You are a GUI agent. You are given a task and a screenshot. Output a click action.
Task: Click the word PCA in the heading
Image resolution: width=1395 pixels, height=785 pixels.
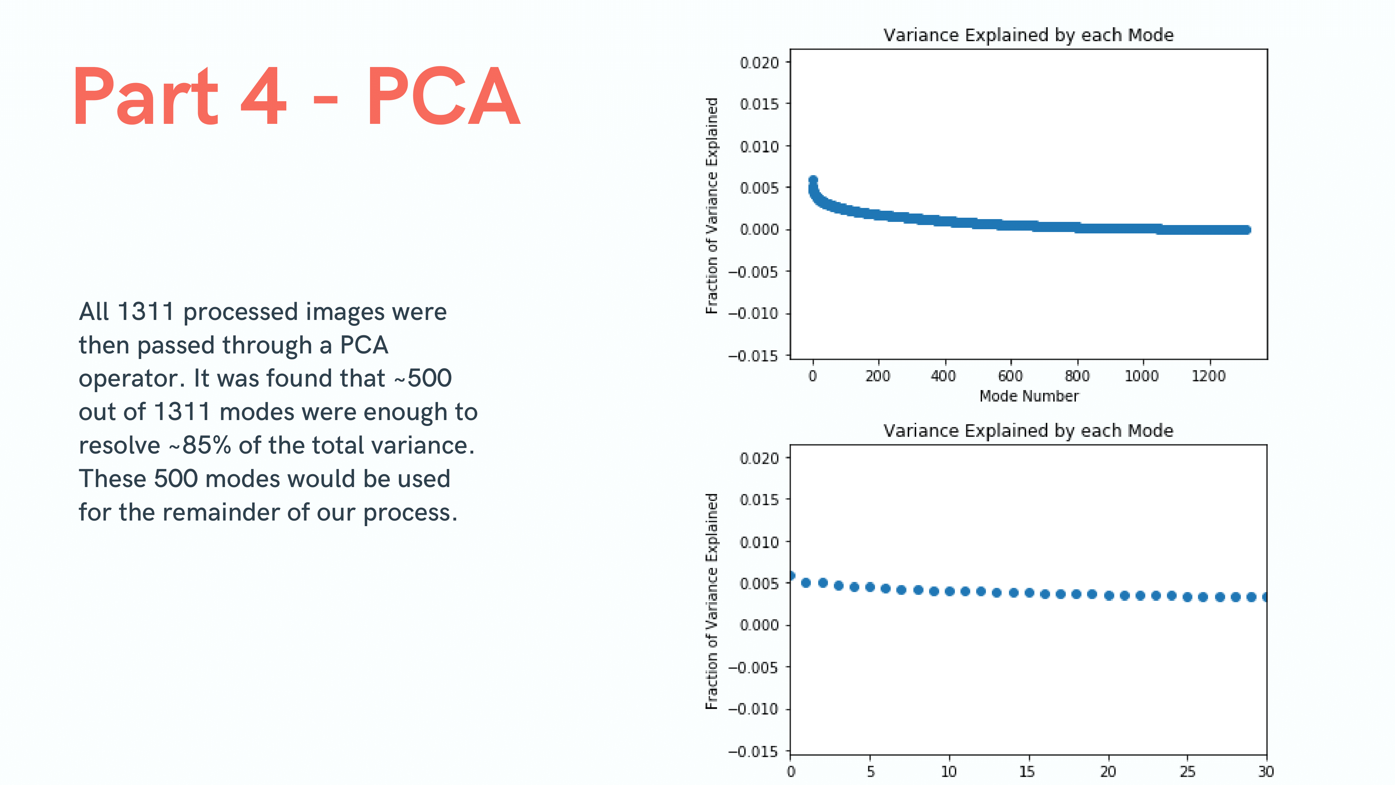click(x=443, y=96)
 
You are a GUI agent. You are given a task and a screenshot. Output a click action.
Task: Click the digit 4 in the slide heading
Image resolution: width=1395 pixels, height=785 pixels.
click(x=263, y=96)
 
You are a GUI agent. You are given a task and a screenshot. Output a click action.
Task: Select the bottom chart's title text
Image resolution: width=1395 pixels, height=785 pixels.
click(x=1028, y=431)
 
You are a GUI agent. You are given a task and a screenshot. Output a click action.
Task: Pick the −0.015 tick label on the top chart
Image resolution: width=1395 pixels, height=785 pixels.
click(x=753, y=356)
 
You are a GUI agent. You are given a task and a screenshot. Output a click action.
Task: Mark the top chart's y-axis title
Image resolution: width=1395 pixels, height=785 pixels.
click(x=711, y=205)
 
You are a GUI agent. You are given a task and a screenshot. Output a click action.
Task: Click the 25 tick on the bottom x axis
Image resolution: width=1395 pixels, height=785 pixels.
click(x=1187, y=771)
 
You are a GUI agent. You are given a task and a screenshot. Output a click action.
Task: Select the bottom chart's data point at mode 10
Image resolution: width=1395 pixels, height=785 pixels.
click(x=949, y=591)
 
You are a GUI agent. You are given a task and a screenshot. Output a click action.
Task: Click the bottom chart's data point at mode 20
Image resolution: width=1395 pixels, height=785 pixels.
click(x=1109, y=596)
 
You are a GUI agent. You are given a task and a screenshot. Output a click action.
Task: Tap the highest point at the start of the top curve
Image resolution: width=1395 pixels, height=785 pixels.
click(x=813, y=180)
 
